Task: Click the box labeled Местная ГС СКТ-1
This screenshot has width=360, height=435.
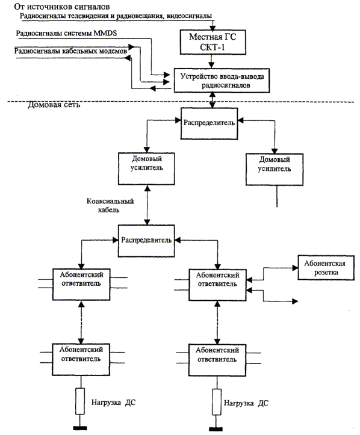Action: pyautogui.click(x=213, y=42)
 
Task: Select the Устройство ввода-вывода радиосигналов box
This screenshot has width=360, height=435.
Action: pyautogui.click(x=222, y=81)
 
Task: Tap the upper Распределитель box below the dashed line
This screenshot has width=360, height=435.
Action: pyautogui.click(x=209, y=123)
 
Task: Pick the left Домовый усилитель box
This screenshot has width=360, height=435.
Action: pyautogui.click(x=146, y=168)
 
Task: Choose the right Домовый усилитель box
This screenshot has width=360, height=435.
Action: pyautogui.click(x=275, y=169)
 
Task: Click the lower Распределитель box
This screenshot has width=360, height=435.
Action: pyautogui.click(x=146, y=241)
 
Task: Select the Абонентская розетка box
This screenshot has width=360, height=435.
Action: pyautogui.click(x=326, y=268)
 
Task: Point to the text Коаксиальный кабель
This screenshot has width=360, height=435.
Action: pyautogui.click(x=110, y=206)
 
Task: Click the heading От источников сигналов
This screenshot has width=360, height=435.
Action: pyautogui.click(x=62, y=7)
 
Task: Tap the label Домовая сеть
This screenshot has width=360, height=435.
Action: pyautogui.click(x=54, y=105)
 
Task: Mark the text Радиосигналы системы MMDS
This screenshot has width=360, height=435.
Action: pyautogui.click(x=66, y=33)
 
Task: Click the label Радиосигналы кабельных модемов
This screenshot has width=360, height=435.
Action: pyautogui.click(x=70, y=51)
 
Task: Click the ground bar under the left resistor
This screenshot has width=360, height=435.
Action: pyautogui.click(x=80, y=428)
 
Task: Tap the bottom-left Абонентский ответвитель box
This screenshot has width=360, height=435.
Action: pyautogui.click(x=81, y=360)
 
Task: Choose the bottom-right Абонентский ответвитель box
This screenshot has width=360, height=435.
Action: pyautogui.click(x=217, y=360)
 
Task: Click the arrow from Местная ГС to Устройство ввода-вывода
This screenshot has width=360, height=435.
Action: pyautogui.click(x=211, y=61)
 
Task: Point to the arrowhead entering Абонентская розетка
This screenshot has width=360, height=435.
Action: pyautogui.click(x=295, y=268)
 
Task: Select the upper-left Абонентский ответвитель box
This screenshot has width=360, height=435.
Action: pyautogui.click(x=81, y=285)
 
